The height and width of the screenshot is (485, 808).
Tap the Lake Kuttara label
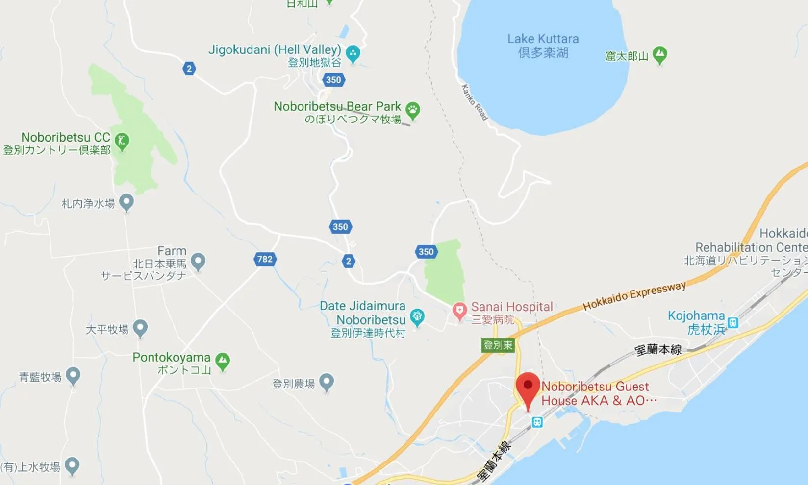(543, 45)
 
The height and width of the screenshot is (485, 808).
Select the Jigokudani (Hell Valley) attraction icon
(353, 53)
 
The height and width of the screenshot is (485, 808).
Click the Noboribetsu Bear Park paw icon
(413, 110)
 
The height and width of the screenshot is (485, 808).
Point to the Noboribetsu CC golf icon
(122, 141)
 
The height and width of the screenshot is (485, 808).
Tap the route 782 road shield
(265, 259)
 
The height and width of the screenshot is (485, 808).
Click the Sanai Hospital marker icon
(459, 311)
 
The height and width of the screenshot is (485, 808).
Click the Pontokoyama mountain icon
(223, 361)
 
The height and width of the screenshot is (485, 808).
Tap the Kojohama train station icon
(733, 322)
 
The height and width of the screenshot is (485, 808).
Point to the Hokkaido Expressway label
(634, 295)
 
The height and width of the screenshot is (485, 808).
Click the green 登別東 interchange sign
(498, 345)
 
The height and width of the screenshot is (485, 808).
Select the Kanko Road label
(475, 102)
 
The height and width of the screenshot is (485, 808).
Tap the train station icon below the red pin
(537, 422)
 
